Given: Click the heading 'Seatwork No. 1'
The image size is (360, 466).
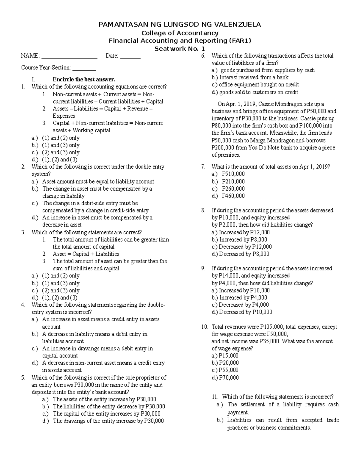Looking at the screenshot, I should pyautogui.click(x=180, y=49).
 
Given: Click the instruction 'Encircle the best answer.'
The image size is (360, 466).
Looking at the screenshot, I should pyautogui.click(x=84, y=80).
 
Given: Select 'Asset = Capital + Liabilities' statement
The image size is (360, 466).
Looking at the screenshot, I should pyautogui.click(x=86, y=254).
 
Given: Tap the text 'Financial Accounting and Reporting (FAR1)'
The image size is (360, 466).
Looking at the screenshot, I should pyautogui.click(x=180, y=41).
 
